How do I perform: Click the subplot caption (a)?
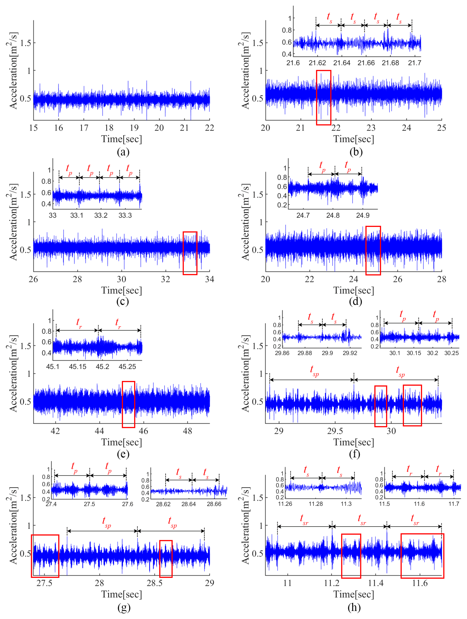coord(123,152)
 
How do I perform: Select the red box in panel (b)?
coord(324,97)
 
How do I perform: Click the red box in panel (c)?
coord(190,253)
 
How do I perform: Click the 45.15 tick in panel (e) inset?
coord(78,367)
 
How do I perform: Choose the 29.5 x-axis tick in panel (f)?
coord(335,431)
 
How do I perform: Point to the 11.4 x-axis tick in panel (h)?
coord(376,583)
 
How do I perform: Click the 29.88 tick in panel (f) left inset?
coord(305,353)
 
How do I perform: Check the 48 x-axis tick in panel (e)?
coord(187,431)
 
